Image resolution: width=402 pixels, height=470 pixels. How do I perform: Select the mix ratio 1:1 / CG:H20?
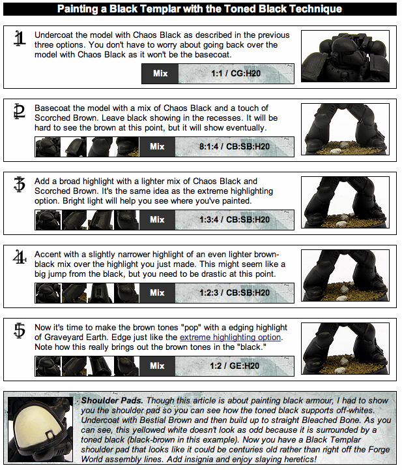(236, 73)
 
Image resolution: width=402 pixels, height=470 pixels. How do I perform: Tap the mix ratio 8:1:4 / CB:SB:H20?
(235, 147)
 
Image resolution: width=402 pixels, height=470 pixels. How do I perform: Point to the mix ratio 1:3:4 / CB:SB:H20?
(235, 220)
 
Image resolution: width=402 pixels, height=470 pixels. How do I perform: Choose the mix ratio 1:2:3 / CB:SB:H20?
(235, 293)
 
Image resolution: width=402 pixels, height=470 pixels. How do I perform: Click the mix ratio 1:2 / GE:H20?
(235, 366)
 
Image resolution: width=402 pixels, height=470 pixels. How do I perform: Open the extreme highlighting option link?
(230, 337)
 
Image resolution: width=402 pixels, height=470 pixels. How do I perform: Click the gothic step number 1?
(20, 39)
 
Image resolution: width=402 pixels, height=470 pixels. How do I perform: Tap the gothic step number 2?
(20, 112)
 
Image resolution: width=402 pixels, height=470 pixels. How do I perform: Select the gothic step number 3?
(20, 184)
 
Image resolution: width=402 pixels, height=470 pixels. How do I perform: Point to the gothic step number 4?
(20, 257)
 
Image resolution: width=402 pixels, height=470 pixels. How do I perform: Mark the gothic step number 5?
(20, 330)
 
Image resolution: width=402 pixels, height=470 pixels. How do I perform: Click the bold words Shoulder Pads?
(112, 401)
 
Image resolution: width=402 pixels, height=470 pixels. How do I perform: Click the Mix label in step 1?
(160, 73)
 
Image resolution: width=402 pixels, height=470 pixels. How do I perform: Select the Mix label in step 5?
(157, 366)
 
